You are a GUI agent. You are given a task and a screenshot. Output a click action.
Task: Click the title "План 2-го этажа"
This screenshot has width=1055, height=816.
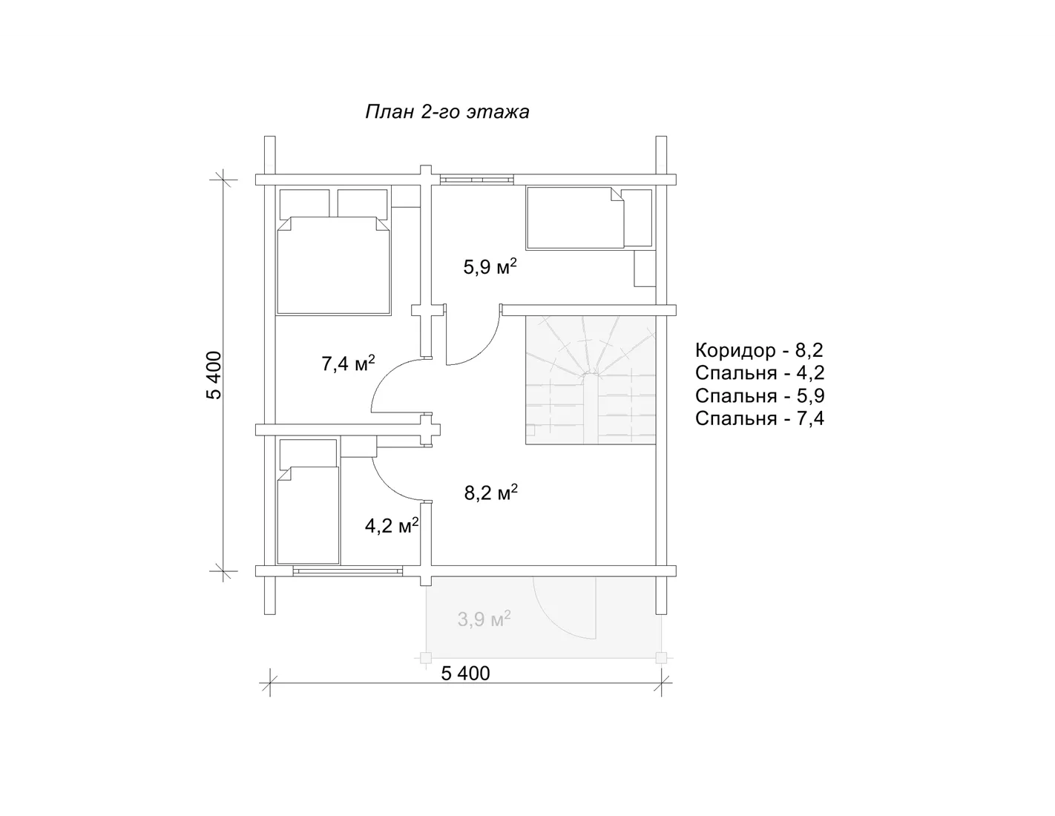point(447,112)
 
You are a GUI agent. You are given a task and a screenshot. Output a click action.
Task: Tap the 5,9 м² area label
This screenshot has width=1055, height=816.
point(490,266)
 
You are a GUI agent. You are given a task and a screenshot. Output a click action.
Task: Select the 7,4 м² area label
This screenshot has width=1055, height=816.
point(348,363)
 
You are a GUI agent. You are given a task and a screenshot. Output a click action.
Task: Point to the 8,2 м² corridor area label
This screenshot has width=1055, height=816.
point(491,493)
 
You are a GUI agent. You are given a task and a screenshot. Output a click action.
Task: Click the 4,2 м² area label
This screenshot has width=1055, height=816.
point(392,525)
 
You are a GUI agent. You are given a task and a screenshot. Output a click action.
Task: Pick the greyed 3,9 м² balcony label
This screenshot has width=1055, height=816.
point(484,619)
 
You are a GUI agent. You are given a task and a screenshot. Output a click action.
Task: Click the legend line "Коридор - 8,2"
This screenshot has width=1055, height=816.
point(759,350)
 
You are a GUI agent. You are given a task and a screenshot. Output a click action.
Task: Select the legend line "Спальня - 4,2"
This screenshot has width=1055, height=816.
point(760,373)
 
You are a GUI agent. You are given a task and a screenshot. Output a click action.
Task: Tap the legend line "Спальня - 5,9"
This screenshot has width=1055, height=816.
point(760,395)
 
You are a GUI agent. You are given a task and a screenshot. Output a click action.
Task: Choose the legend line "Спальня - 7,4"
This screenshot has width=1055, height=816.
point(760,418)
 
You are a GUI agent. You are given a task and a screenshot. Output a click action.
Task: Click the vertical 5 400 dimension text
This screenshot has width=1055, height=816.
point(214,375)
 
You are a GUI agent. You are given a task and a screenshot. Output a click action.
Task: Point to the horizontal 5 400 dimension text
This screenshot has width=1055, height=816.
point(466,674)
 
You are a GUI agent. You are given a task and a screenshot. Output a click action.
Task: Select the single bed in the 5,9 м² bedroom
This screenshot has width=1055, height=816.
point(575,218)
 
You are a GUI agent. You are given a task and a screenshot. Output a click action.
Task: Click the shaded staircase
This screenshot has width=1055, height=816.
point(591,380)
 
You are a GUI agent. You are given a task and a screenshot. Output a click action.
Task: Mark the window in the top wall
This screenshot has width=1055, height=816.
point(476,180)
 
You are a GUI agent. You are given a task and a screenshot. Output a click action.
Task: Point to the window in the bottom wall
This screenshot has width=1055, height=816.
point(348,571)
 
